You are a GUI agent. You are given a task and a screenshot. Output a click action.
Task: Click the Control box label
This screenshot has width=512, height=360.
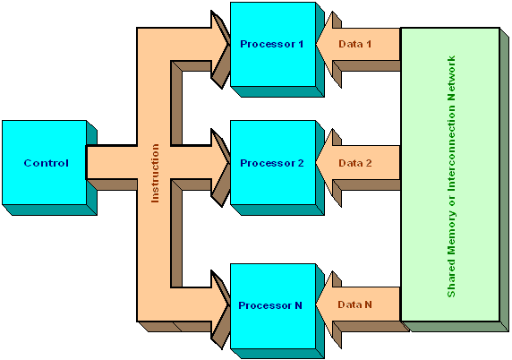(x=47, y=163)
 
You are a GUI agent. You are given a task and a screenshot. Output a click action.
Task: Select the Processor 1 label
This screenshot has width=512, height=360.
(x=272, y=44)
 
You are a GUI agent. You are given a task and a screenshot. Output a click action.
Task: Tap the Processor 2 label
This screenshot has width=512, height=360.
(x=272, y=163)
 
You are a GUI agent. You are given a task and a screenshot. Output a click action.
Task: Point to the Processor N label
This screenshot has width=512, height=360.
(x=270, y=305)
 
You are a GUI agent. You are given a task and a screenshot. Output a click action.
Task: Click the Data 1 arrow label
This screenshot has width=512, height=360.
(x=355, y=44)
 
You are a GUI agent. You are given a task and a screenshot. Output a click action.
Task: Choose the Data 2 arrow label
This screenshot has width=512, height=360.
(x=355, y=163)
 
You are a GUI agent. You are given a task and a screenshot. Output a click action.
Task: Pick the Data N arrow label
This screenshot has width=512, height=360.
(x=354, y=304)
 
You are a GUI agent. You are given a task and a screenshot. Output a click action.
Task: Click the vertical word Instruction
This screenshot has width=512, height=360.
(x=155, y=173)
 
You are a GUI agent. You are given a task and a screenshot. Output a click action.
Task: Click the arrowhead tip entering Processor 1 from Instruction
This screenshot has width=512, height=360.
(x=230, y=45)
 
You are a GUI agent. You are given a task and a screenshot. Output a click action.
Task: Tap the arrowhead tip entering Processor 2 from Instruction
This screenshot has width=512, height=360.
(x=230, y=163)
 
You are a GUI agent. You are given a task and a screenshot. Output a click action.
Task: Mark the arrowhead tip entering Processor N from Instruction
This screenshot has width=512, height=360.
(x=230, y=304)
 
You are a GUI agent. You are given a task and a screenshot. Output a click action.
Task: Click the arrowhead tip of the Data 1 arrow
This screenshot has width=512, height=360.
(x=316, y=45)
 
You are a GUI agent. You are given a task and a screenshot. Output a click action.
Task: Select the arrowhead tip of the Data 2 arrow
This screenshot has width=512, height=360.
(x=316, y=163)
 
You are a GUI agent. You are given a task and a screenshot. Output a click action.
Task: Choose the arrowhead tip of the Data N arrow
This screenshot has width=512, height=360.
(x=316, y=304)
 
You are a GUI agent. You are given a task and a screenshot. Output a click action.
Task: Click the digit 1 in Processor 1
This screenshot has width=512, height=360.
(x=301, y=44)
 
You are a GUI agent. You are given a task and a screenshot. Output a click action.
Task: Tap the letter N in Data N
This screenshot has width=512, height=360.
(x=368, y=304)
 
